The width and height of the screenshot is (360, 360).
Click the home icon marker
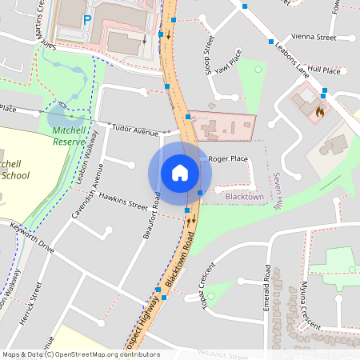click(x=180, y=173)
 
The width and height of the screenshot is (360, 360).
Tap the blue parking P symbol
click(x=86, y=18)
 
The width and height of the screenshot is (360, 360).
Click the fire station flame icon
click(x=320, y=113)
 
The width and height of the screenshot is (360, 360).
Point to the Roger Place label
click(x=228, y=159)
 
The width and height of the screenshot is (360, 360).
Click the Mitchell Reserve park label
click(x=69, y=135)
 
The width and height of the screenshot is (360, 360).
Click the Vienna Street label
click(x=314, y=37)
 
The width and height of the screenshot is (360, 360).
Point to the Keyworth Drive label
click(x=32, y=238)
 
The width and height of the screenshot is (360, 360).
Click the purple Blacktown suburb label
click(x=244, y=196)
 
